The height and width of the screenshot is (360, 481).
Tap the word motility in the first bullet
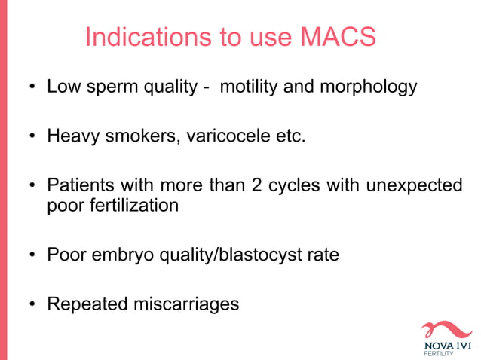tap(248, 87)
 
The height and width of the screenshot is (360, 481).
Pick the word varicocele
tap(225, 138)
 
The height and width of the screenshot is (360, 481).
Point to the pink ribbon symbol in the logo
tap(448, 329)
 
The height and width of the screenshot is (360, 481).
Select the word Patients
tap(78, 185)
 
